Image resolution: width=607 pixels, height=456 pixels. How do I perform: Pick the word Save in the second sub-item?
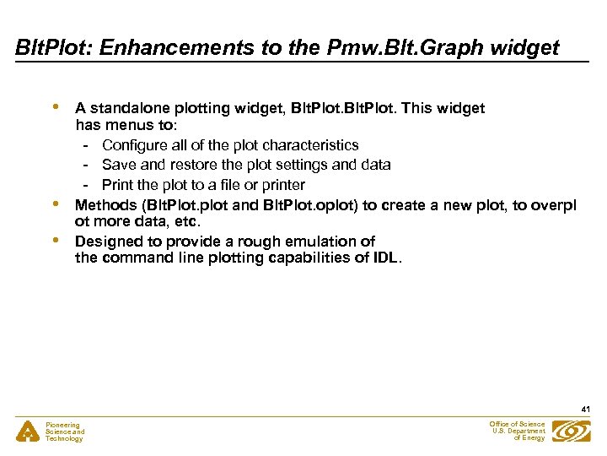(118, 165)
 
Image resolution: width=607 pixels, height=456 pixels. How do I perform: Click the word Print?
(117, 184)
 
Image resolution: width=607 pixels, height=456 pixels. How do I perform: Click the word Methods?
(105, 204)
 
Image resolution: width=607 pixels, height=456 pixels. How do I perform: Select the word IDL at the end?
(385, 258)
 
